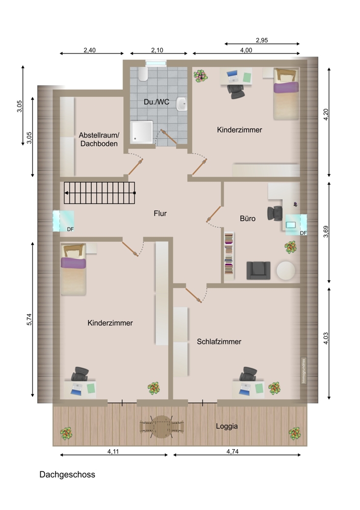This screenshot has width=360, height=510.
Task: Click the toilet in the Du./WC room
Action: (x=143, y=74)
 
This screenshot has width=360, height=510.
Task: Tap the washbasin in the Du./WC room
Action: (x=182, y=104)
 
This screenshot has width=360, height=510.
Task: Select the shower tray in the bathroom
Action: (x=142, y=132)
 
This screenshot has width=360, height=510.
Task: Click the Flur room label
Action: (x=160, y=213)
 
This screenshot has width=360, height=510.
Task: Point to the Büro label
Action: (x=247, y=219)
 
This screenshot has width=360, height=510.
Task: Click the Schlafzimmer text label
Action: (x=219, y=342)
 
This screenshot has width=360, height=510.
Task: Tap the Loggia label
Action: (x=227, y=426)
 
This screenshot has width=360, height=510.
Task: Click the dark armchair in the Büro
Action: (x=258, y=270)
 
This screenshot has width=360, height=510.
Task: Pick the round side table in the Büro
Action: (x=286, y=271)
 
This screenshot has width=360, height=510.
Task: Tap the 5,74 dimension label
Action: (x=29, y=319)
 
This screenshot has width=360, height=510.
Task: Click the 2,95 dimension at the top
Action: (x=262, y=40)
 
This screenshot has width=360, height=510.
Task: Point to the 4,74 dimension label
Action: (x=232, y=451)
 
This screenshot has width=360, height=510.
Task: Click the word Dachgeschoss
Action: (x=67, y=474)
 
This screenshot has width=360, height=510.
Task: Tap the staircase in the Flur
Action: (x=99, y=193)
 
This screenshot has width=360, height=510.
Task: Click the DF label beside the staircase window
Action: (x=70, y=229)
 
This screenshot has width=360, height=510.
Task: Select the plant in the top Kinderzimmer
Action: (x=200, y=76)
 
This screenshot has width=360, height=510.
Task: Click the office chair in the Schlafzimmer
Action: (x=248, y=374)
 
